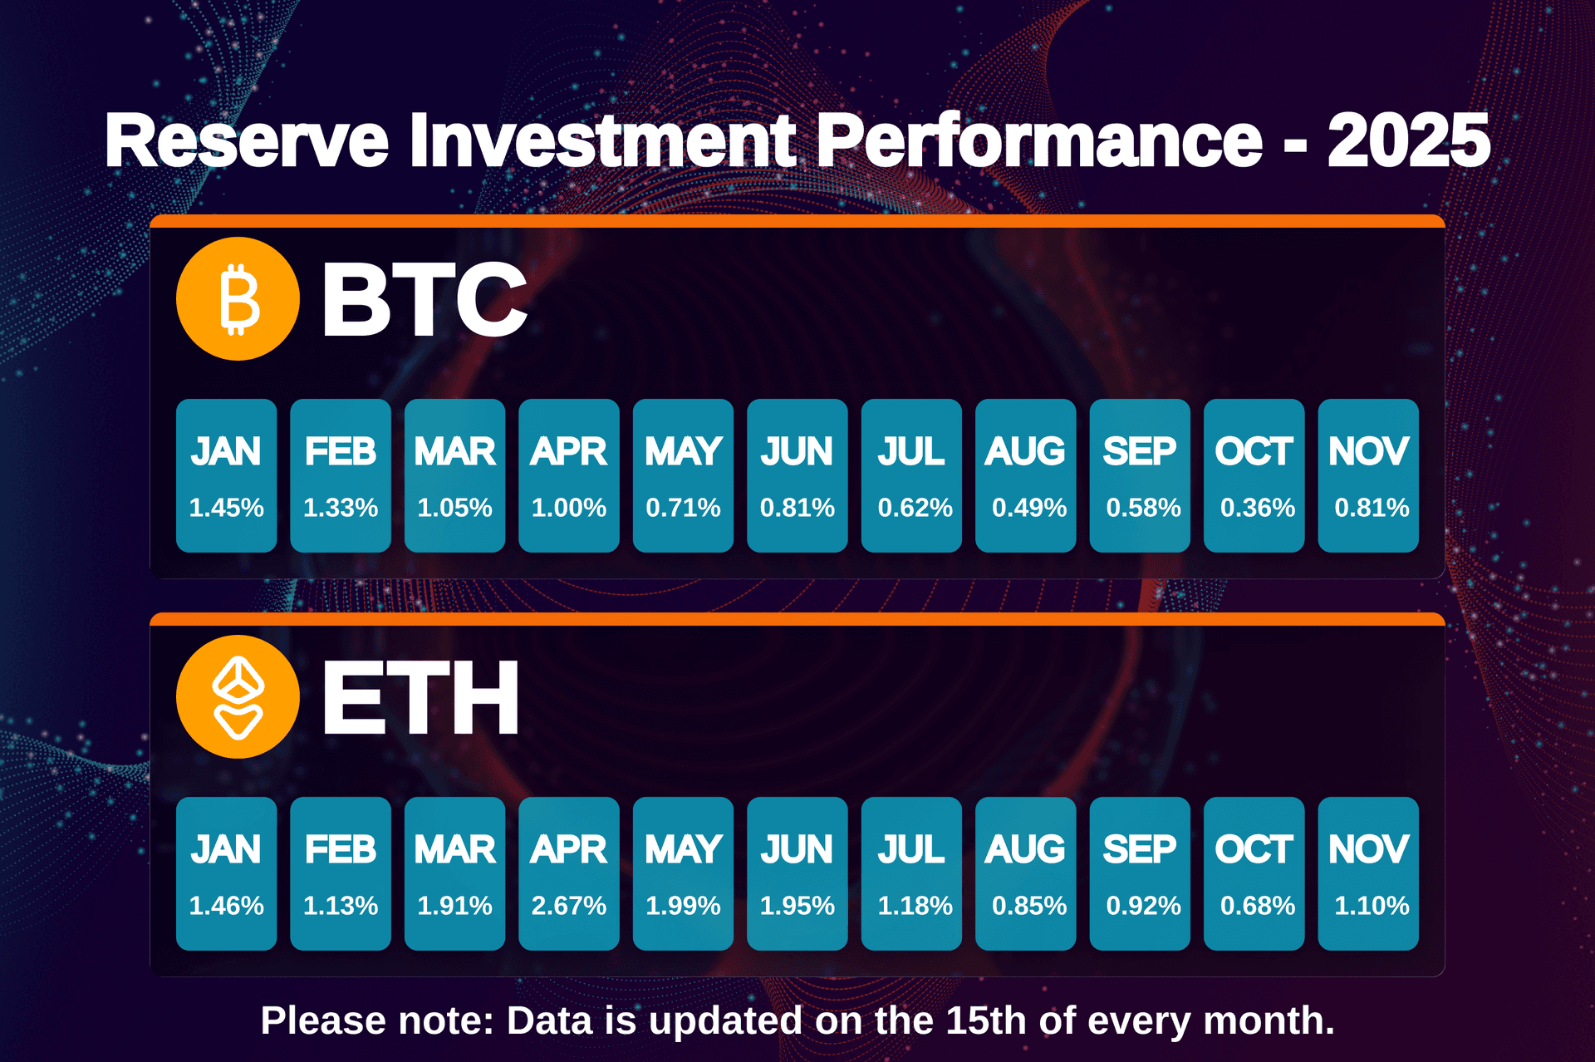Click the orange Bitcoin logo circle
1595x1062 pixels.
(238, 299)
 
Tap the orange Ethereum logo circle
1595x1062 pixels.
(238, 697)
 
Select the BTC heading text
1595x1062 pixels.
(424, 299)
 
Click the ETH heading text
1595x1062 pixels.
(420, 698)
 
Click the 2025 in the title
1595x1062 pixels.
(1408, 141)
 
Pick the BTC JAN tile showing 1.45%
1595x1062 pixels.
(226, 475)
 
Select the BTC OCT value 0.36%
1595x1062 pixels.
(1257, 508)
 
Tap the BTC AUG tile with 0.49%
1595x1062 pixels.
(1025, 475)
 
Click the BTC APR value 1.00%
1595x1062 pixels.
(569, 508)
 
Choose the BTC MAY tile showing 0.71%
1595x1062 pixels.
(683, 475)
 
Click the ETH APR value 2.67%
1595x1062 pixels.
(569, 906)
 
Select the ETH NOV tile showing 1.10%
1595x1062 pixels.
(1368, 873)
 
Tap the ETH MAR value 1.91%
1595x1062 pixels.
(454, 906)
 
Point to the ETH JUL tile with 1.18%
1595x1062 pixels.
(911, 873)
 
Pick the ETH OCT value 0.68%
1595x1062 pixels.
(1257, 906)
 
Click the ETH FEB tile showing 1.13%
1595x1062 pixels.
(341, 873)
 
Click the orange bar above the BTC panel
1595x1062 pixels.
(797, 221)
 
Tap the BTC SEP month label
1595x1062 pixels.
(1139, 452)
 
